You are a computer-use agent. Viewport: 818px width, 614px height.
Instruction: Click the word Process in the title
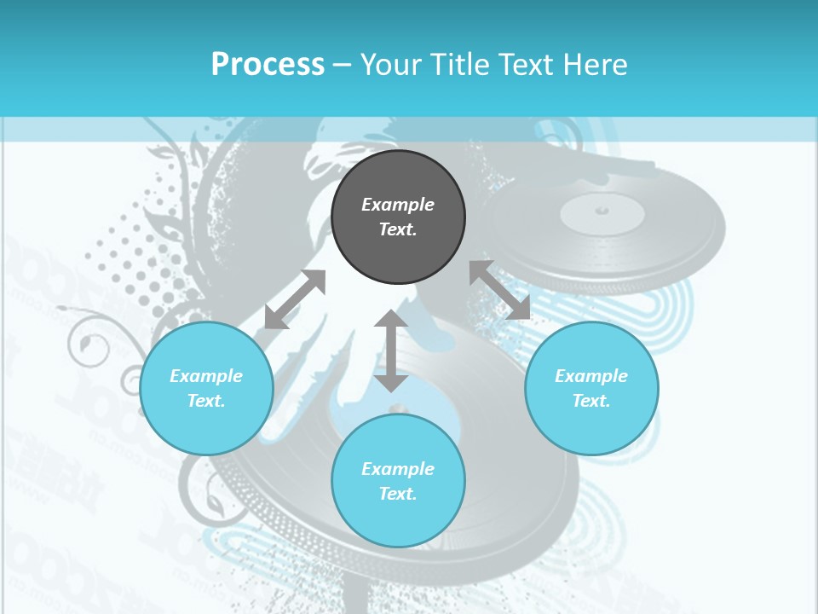268,65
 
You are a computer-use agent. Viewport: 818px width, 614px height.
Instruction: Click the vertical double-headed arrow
391,350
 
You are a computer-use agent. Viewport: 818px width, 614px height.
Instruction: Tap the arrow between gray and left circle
295,299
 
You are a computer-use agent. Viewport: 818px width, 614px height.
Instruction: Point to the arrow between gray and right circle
500,290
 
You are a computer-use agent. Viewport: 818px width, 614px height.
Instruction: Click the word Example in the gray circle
398,205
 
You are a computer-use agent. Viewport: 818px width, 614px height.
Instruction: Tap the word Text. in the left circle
206,401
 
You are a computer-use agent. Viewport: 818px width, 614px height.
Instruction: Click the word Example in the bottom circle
398,469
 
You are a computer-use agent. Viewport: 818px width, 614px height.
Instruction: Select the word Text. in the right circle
591,401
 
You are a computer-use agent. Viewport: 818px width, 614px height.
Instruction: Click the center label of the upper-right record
602,212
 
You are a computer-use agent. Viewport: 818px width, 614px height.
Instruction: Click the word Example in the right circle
591,376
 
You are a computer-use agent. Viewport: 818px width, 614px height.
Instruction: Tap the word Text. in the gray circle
398,229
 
